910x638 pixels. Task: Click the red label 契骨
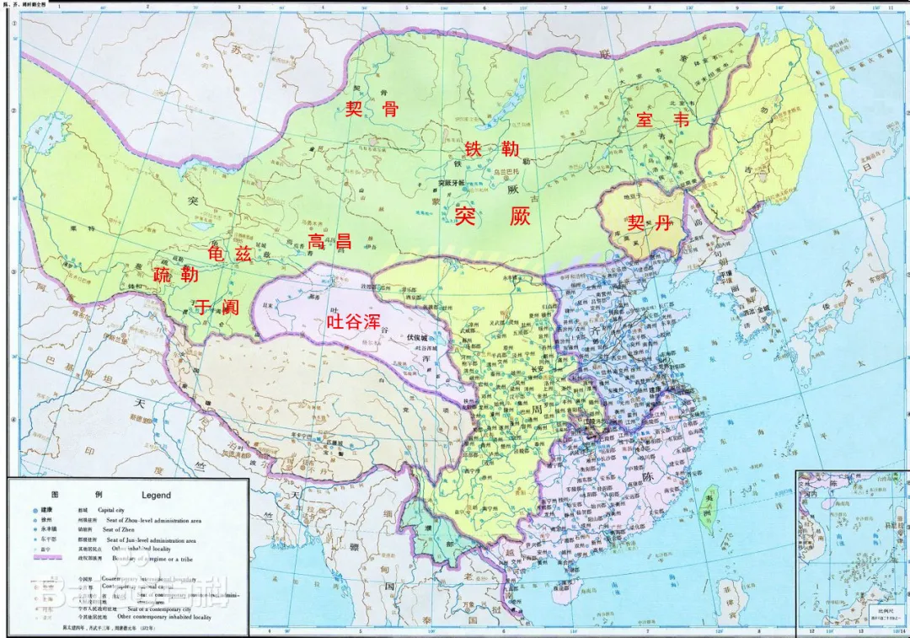(x=372, y=107)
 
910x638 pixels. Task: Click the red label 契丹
(x=650, y=223)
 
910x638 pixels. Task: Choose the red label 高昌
(x=329, y=241)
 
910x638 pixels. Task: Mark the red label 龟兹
(x=230, y=255)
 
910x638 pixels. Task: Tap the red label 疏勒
(x=176, y=275)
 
